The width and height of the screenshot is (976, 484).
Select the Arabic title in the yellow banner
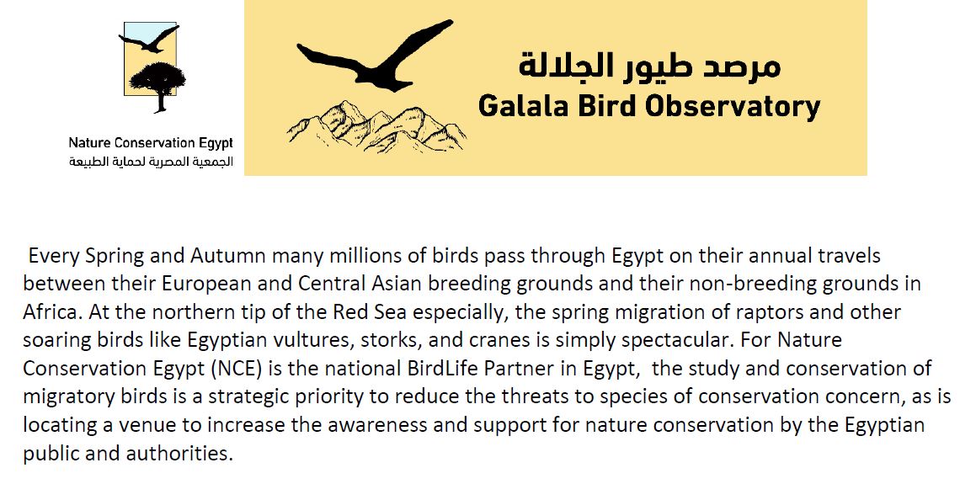click(649, 66)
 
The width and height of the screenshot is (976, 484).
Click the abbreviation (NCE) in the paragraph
click(236, 369)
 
